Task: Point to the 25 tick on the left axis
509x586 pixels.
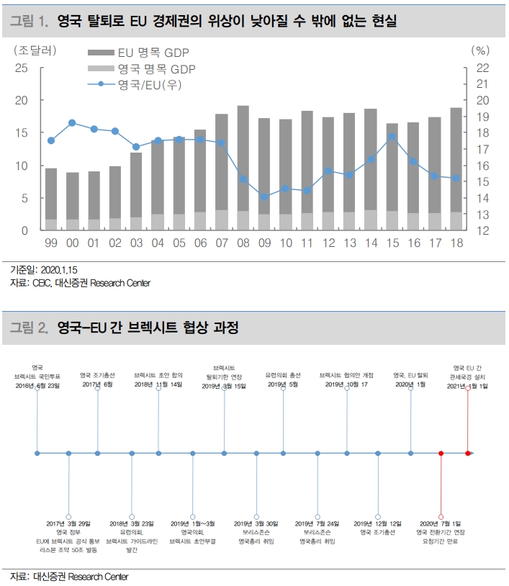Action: click(x=22, y=68)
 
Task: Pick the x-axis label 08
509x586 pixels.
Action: click(x=243, y=244)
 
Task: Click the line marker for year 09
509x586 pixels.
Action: click(x=264, y=197)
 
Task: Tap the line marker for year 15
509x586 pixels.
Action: click(x=392, y=137)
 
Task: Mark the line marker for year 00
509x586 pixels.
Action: click(x=72, y=122)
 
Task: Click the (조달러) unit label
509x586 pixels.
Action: click(x=34, y=50)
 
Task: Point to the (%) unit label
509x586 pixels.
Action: click(x=480, y=50)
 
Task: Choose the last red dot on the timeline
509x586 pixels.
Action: click(x=468, y=454)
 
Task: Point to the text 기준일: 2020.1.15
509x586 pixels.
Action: click(x=43, y=269)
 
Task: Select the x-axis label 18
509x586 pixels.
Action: click(x=456, y=244)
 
